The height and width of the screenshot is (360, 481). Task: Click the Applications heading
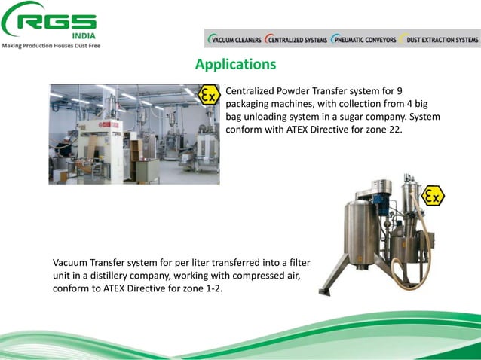(235, 65)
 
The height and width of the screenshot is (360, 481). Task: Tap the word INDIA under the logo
(84, 36)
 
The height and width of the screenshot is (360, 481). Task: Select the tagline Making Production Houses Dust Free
(52, 46)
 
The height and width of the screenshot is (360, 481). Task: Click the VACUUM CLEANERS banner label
(234, 40)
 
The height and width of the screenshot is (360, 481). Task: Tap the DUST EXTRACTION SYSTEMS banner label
(442, 40)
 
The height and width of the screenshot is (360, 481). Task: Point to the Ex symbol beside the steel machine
(433, 197)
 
